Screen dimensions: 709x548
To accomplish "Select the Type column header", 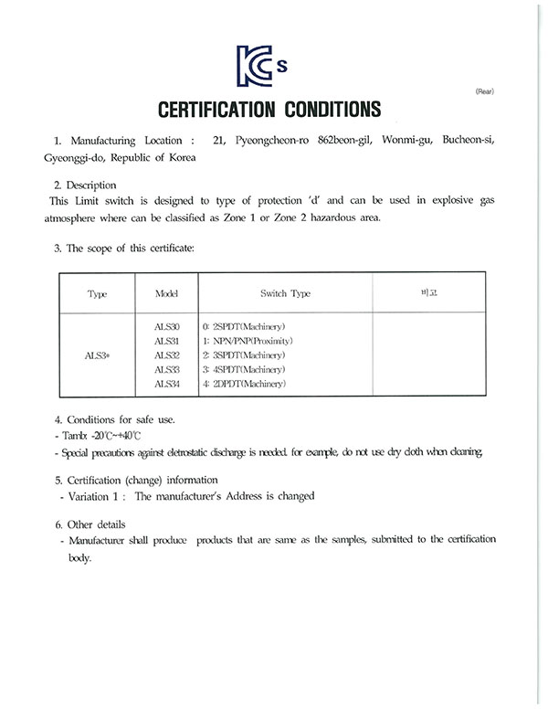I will click(97, 293).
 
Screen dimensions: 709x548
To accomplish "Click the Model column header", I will click(166, 293).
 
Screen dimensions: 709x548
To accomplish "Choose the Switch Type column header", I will click(286, 293).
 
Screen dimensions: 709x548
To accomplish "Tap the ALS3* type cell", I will click(97, 354).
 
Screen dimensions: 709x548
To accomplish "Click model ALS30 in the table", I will click(167, 326).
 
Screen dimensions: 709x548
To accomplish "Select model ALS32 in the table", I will click(167, 354).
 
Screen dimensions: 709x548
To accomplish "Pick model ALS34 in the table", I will click(167, 384).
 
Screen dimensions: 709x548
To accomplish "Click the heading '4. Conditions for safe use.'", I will click(114, 419).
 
